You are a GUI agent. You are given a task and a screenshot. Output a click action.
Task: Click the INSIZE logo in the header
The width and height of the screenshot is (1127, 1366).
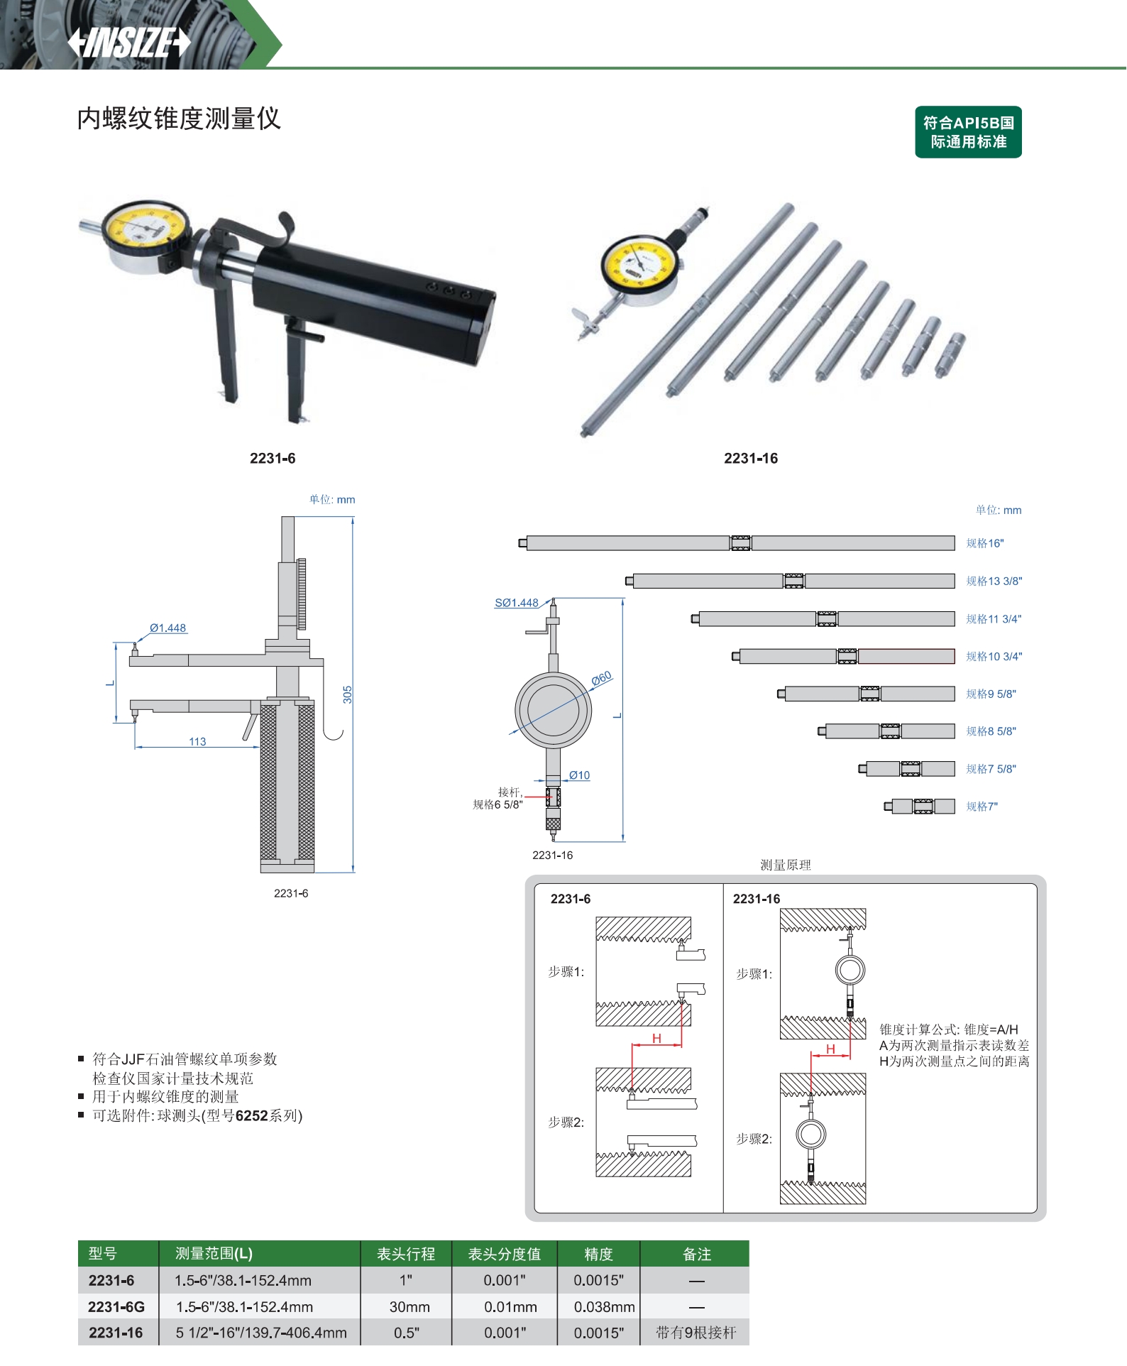point(129,42)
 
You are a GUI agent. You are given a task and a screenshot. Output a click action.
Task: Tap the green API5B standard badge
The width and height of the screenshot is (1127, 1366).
point(968,132)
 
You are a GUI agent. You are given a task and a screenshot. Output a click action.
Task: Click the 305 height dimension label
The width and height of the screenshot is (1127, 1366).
point(347,694)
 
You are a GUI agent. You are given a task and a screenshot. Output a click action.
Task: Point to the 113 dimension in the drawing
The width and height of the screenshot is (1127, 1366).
point(197,741)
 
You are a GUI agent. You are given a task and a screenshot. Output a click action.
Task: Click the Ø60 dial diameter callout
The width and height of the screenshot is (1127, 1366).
point(601,679)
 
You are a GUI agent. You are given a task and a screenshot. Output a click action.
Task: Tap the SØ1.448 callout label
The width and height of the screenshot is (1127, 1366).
point(517,603)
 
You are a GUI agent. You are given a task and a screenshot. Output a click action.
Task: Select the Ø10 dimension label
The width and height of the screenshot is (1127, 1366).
point(579,775)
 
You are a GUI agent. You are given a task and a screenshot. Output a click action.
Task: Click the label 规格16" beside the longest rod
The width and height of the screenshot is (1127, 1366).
point(985,543)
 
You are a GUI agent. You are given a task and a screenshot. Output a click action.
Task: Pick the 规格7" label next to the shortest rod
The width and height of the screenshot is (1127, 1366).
point(982,807)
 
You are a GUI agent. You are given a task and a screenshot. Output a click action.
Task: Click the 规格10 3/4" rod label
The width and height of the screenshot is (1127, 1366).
point(994,656)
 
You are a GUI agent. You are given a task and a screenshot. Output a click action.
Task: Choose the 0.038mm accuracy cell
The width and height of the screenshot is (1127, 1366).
point(604,1306)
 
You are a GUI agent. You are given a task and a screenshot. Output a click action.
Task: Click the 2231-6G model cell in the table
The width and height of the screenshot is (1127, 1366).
point(116,1306)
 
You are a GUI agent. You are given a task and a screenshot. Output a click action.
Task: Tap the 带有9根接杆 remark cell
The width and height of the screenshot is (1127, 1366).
point(696,1333)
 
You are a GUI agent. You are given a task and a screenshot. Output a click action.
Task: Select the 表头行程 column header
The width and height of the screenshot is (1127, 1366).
point(406,1254)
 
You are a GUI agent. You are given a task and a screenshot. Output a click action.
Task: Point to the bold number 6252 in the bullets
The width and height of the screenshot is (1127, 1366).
point(252,1115)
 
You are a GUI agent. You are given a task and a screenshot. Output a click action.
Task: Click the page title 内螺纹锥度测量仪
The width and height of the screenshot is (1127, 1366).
point(179,119)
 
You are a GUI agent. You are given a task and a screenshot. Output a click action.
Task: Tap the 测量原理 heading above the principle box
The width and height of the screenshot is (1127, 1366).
point(786,865)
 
